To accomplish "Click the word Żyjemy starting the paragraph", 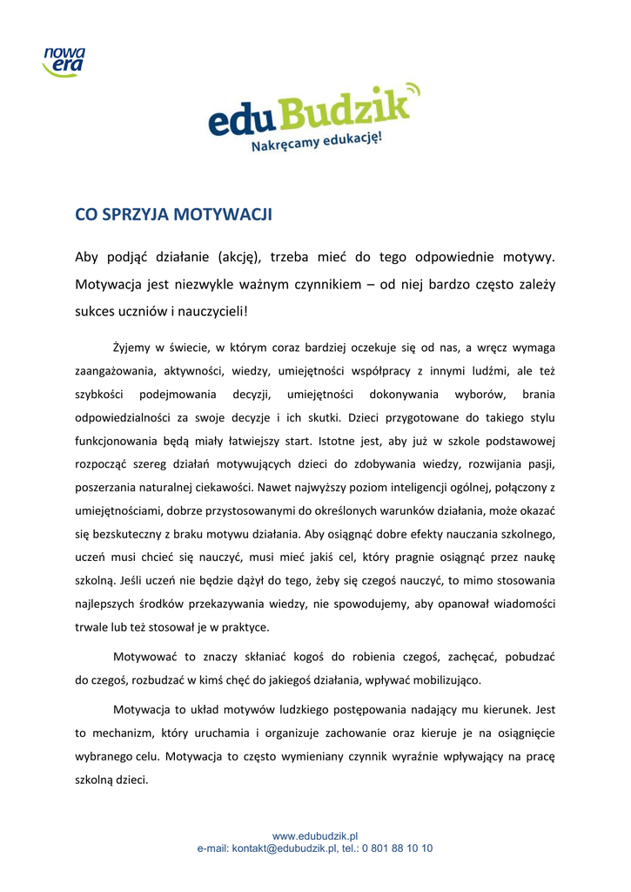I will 133,348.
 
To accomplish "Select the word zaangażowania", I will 115,371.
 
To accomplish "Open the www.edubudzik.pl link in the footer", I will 315,836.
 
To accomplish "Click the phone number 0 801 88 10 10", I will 397,848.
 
